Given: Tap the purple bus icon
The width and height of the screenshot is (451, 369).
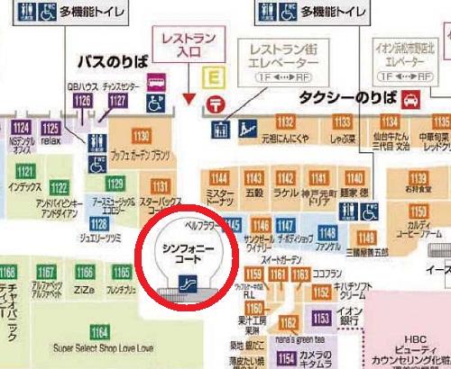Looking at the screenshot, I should click(x=156, y=81).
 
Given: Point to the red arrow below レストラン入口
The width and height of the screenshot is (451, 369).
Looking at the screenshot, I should click(x=189, y=96).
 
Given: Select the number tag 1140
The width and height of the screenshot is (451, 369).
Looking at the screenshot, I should click(x=355, y=178).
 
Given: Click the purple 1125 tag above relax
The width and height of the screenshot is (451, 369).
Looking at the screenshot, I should click(x=51, y=128).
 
